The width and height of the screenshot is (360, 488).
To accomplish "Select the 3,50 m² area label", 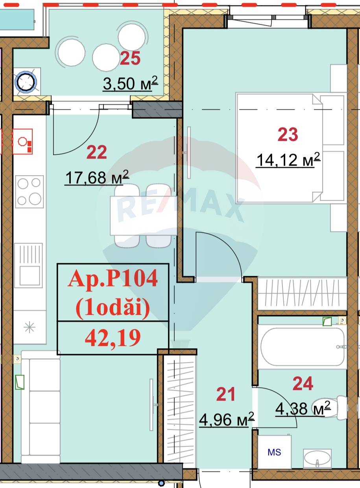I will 130,83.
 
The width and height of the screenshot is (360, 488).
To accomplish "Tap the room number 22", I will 96,152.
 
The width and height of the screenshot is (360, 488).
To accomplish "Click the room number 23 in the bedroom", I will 288,135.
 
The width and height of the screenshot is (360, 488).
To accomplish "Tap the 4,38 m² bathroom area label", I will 302,409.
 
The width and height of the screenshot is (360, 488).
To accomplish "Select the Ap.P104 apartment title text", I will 113,279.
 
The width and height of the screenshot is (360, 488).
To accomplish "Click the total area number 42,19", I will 113,338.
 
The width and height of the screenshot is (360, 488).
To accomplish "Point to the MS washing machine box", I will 274,452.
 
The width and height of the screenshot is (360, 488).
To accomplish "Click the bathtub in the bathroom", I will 302,347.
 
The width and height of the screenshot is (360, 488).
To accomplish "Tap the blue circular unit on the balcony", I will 26,81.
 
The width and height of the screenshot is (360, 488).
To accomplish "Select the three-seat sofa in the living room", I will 41,407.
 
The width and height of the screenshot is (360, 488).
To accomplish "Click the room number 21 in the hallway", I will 225,394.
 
